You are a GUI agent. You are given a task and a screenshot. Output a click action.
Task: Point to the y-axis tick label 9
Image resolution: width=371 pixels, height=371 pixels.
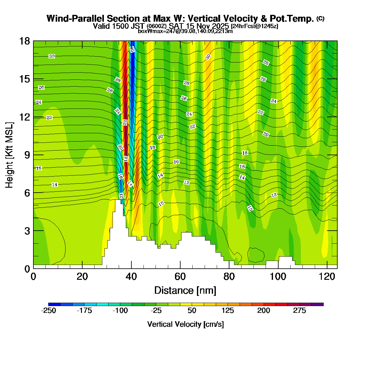click(27, 155)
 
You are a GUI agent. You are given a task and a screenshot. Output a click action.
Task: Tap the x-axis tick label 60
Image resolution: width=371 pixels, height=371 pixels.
click(180, 277)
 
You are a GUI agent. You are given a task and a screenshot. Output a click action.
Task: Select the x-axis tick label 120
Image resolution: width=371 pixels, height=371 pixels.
click(327, 277)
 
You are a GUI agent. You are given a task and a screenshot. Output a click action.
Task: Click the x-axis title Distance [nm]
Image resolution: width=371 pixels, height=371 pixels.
click(185, 291)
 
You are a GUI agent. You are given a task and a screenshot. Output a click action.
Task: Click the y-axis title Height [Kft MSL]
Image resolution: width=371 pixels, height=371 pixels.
click(10, 155)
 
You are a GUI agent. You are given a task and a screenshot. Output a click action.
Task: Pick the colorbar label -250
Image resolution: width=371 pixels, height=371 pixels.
click(49, 311)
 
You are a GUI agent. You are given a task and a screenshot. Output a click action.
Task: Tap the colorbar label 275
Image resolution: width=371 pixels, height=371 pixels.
click(300, 311)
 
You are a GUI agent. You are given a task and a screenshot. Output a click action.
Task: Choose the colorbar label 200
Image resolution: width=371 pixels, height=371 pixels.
click(264, 311)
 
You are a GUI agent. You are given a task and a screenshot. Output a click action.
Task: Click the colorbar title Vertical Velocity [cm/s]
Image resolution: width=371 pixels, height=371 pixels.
click(185, 324)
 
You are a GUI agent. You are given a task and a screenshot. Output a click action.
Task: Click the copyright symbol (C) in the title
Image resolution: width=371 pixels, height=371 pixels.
click(320, 19)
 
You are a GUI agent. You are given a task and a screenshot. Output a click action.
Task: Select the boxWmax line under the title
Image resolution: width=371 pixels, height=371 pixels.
click(185, 31)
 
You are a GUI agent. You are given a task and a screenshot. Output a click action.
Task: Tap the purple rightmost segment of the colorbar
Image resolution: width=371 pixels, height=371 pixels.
click(318, 305)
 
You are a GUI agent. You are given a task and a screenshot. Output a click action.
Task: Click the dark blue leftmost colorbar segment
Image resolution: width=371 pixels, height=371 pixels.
click(54, 305)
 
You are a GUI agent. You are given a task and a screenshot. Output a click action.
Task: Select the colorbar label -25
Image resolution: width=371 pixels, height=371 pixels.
click(156, 311)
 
